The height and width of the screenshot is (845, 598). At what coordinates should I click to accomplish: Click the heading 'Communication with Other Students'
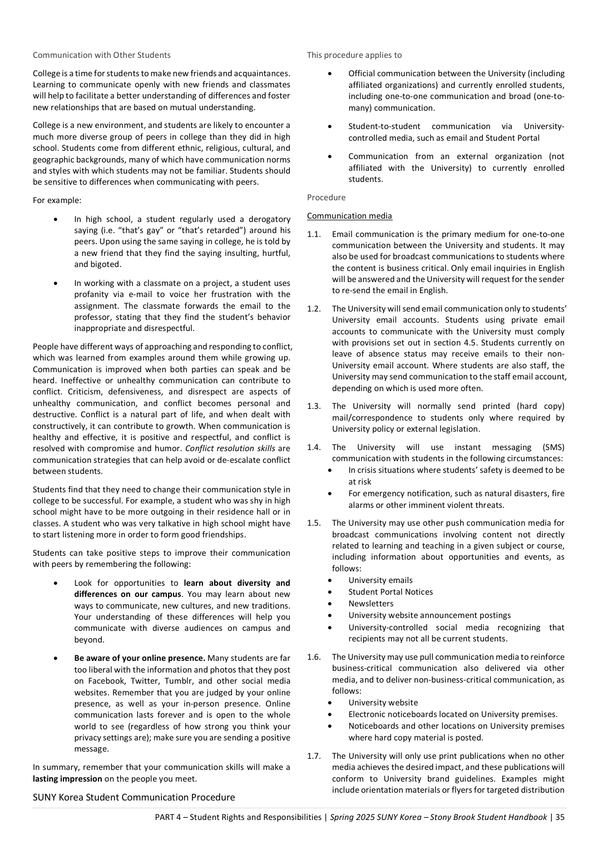pos(102,55)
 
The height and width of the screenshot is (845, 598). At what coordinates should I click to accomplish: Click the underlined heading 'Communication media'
pos(349,216)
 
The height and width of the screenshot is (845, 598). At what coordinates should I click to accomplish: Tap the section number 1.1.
pos(314,234)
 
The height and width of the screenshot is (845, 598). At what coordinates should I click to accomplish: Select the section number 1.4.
pos(314,447)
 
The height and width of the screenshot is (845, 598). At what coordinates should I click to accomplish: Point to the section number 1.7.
pos(314,756)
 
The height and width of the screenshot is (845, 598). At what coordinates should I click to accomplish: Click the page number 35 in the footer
pos(560,817)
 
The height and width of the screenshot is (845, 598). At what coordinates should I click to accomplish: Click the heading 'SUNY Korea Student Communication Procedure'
pos(134,797)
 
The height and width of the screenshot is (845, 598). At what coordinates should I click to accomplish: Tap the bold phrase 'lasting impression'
pos(67,779)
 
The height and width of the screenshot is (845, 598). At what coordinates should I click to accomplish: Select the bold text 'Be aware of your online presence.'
pos(140,658)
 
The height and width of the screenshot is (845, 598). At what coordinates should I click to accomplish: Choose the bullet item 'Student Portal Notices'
pos(391,592)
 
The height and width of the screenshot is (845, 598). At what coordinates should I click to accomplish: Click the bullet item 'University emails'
pos(380,580)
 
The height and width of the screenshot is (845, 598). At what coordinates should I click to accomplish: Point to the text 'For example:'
pos(57,200)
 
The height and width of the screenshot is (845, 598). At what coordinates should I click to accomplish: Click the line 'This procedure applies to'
pos(354,55)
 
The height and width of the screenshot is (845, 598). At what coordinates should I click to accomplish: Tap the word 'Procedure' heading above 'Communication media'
pos(326,197)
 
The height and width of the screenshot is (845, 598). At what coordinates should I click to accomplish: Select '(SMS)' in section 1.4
pos(553,447)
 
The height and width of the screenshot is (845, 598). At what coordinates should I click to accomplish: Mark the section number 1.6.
pos(314,657)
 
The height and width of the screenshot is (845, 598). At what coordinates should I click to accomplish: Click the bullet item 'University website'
pos(383,703)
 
